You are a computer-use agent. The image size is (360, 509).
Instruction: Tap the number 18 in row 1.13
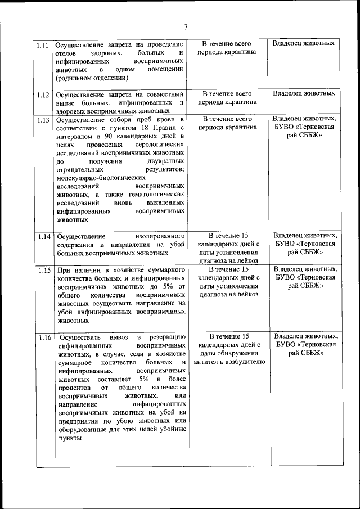point(133,128)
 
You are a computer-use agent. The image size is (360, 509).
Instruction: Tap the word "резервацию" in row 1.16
point(166,337)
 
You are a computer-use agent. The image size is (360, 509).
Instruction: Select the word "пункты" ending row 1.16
point(69,438)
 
